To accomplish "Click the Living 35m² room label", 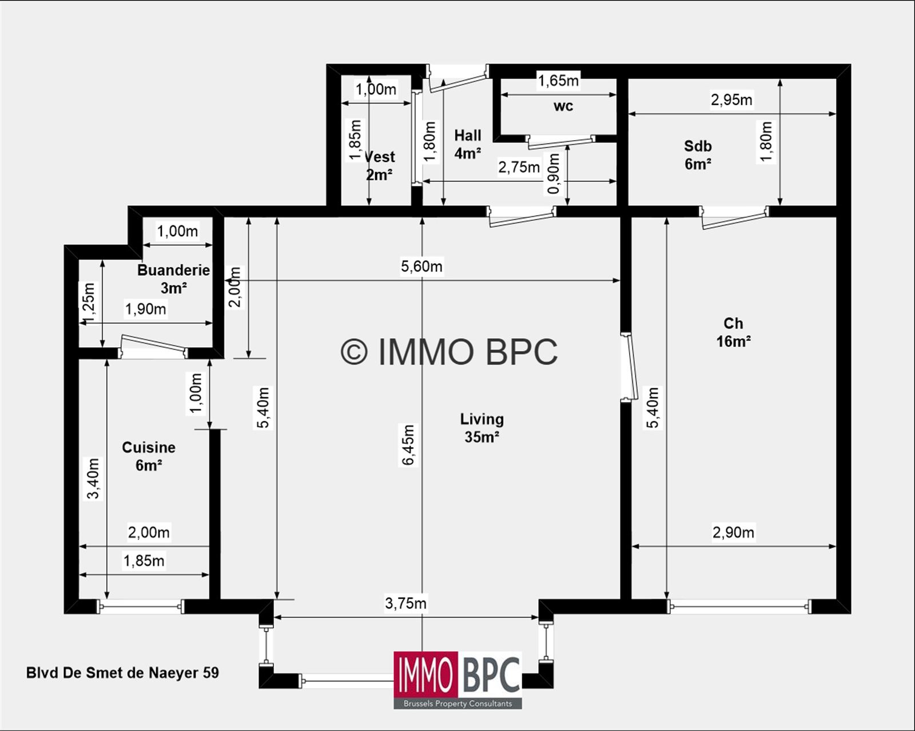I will click(482, 428).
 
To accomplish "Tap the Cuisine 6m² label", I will click(149, 456).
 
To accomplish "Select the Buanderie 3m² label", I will click(173, 279).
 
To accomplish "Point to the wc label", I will click(563, 106).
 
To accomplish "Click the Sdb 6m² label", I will click(698, 155).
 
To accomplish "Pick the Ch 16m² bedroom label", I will click(733, 332).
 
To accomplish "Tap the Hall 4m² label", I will click(467, 144).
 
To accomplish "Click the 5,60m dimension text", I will click(421, 267).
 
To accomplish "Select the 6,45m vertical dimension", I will click(408, 445).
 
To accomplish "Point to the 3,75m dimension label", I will click(405, 603).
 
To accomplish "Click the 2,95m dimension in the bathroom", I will click(731, 100).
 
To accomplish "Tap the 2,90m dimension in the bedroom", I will click(733, 533).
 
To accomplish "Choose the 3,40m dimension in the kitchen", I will click(93, 478).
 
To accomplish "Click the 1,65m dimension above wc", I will click(558, 81).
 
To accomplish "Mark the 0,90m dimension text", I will click(553, 174).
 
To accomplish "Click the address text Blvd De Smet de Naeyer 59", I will click(122, 673).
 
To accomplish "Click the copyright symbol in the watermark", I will click(353, 352).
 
